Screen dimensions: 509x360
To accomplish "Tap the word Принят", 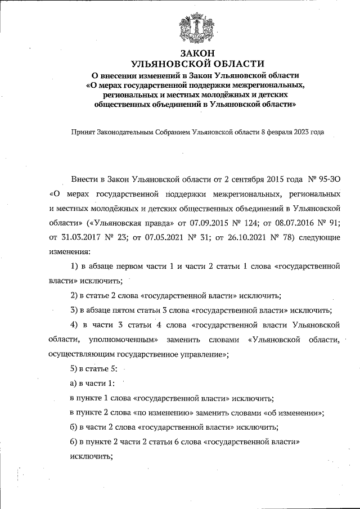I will (x=83, y=133).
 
